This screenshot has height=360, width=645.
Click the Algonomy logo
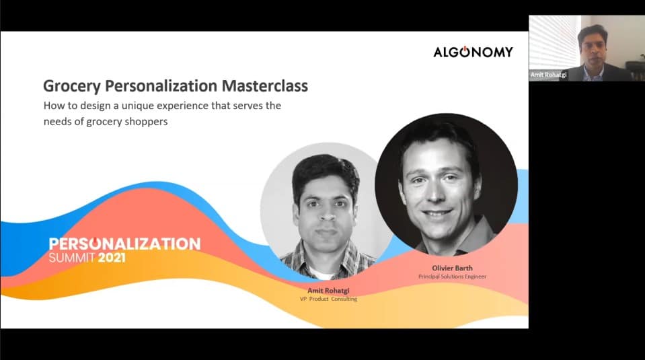click(x=473, y=52)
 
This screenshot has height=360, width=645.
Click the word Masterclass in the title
click(x=264, y=85)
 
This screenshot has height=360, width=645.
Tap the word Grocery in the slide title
click(x=71, y=86)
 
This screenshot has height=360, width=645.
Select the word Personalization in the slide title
click(x=161, y=85)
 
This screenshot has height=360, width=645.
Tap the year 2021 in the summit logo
click(x=112, y=258)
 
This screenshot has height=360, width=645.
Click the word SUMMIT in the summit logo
click(x=71, y=258)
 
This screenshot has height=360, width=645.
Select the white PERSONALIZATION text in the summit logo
click(x=124, y=244)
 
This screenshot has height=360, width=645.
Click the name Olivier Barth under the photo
click(x=452, y=268)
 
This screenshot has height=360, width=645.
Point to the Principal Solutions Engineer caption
click(x=452, y=277)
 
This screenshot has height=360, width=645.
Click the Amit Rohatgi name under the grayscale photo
click(x=328, y=291)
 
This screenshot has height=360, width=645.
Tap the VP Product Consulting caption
click(x=328, y=299)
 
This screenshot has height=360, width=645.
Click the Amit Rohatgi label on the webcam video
click(x=548, y=75)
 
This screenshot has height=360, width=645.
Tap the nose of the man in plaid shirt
click(x=326, y=213)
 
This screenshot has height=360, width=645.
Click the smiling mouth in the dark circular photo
click(x=437, y=213)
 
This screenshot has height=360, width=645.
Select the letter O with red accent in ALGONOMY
click(x=465, y=52)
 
